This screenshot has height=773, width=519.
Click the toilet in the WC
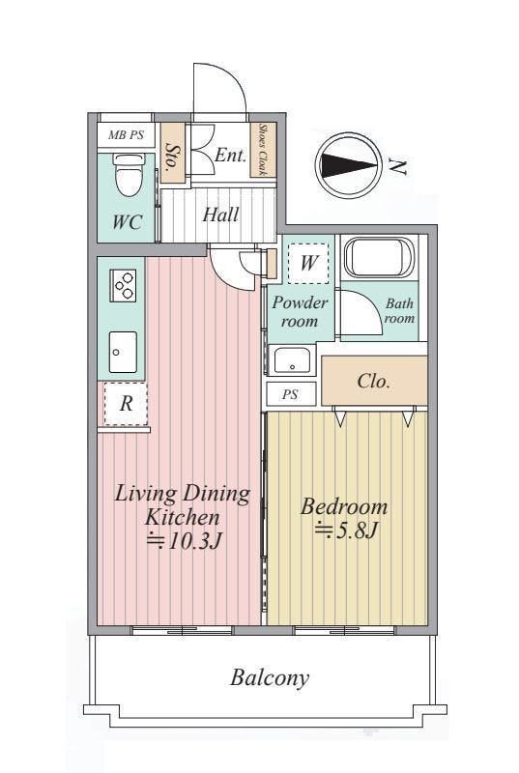(130, 175)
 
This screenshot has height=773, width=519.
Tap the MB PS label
(126, 134)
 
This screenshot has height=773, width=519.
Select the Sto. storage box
(173, 154)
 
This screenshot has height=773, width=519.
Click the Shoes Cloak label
(263, 150)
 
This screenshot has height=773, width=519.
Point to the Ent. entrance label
(230, 156)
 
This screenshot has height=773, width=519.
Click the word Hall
(220, 215)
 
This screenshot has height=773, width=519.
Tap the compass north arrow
(348, 165)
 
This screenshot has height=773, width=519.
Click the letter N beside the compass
(397, 166)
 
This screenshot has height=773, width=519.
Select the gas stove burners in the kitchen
(123, 285)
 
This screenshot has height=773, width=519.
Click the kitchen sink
(123, 352)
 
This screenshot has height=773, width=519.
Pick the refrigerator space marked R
(126, 404)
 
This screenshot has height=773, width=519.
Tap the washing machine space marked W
(308, 262)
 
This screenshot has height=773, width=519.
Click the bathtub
(379, 257)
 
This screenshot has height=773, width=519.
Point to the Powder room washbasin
(293, 360)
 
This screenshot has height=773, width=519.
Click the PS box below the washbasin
(291, 394)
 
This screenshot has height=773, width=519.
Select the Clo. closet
(374, 381)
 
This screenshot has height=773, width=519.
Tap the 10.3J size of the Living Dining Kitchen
(184, 541)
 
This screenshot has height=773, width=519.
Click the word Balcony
(270, 678)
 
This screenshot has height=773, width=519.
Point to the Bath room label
(399, 310)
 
